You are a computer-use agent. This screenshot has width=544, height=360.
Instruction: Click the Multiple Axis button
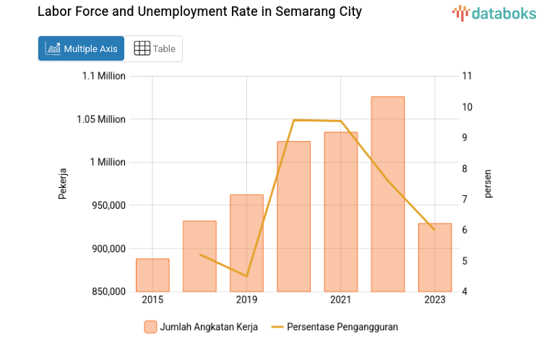coord(81,48)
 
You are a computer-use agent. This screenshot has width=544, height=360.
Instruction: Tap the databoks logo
coord(494,12)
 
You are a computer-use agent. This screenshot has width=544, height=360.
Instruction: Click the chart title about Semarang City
coord(199,12)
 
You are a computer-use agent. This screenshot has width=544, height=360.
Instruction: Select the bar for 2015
coord(152,275)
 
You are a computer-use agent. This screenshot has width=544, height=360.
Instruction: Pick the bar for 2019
coord(246,243)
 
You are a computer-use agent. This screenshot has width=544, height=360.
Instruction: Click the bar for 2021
coord(340,212)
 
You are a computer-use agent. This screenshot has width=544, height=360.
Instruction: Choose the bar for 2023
coord(434,257)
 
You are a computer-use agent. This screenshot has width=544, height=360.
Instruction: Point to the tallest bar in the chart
coord(387,194)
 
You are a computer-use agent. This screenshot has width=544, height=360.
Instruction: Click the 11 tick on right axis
coord(467,76)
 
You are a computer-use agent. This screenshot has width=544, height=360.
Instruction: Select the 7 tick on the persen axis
coord(467,199)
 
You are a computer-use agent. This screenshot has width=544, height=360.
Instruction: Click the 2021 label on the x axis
coord(340,300)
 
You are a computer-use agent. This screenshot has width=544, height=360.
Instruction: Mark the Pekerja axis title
coord(62,184)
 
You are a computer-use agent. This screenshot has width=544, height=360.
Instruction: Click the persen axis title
coord(488,184)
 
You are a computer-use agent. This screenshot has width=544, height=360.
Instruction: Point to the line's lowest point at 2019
coord(246,276)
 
